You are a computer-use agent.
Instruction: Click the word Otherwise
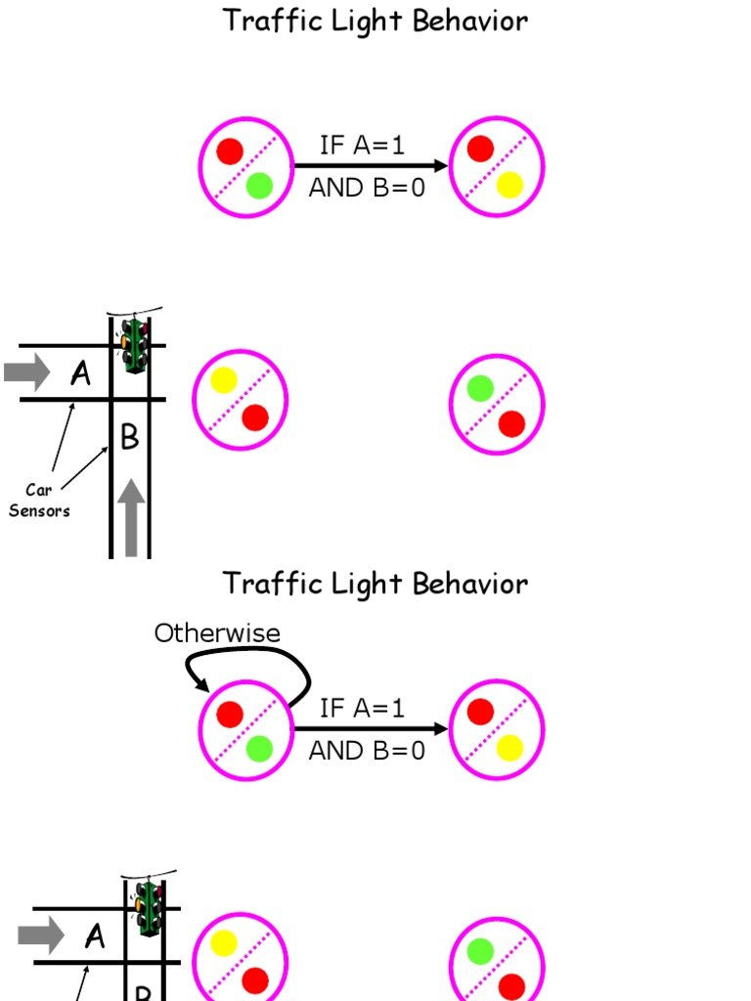pos(217,633)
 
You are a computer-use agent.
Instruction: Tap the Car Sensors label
pos(39,500)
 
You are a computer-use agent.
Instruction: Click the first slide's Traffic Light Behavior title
pos(375,21)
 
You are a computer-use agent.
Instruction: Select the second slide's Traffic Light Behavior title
pos(375,584)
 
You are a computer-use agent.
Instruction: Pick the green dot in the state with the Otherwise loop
pos(259,749)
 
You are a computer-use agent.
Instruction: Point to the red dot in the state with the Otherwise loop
pos(230,715)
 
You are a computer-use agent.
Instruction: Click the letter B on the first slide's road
pos(130,438)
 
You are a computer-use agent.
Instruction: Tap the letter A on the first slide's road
pos(81,372)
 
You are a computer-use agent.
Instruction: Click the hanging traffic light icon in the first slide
pos(134,344)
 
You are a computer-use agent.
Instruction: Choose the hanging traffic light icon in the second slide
pos(149,908)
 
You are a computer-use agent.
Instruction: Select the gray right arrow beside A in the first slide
pos(26,372)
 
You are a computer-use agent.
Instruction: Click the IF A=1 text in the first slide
pos(362,146)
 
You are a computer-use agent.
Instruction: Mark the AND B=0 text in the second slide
pos(367,751)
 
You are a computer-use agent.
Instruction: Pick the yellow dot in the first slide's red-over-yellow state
pos(509,185)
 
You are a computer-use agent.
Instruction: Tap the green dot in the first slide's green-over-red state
pos(480,389)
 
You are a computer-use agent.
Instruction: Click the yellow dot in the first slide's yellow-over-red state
pos(224,380)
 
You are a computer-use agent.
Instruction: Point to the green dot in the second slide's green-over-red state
pos(480,951)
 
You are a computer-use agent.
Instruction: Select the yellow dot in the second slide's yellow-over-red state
pos(224,943)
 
